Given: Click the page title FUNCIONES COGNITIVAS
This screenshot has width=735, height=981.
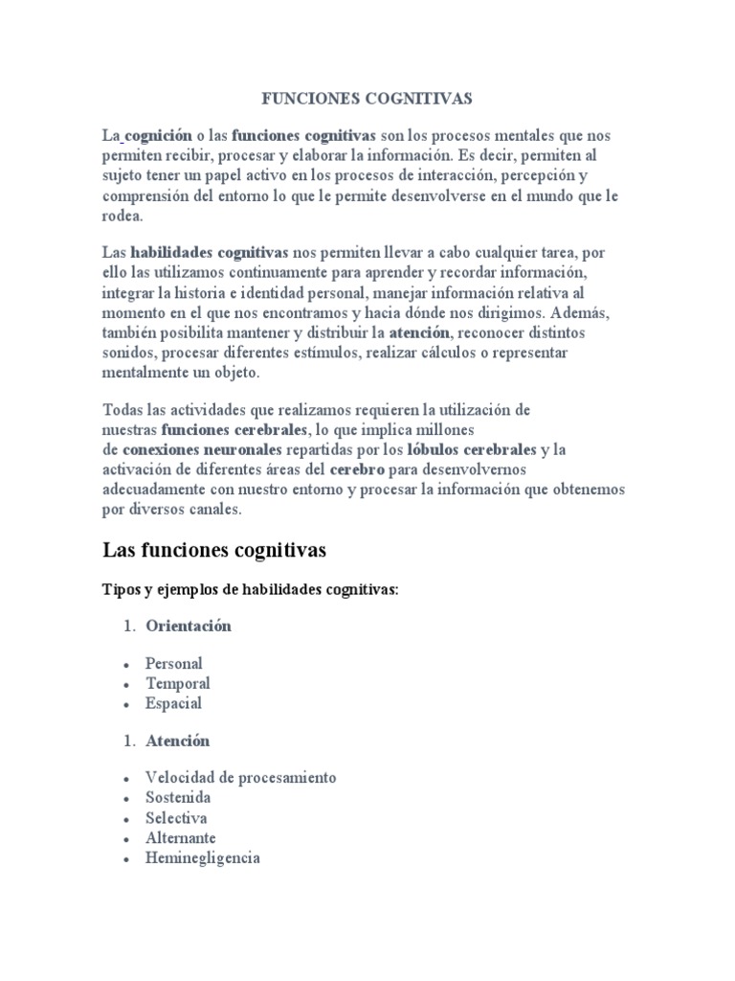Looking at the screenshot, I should [367, 98].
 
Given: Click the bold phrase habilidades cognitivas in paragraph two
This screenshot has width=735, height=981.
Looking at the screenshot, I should [209, 252].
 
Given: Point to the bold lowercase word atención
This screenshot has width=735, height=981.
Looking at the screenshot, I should [418, 332].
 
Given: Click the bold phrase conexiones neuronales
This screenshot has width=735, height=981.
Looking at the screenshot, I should [202, 448].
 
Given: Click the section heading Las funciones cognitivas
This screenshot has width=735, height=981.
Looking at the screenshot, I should [214, 550].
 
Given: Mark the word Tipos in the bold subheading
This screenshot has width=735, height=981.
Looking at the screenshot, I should [122, 590].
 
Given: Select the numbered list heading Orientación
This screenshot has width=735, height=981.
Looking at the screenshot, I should [189, 626].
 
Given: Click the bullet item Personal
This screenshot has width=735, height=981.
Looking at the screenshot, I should [173, 662].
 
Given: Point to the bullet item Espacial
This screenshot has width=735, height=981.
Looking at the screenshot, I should [173, 703].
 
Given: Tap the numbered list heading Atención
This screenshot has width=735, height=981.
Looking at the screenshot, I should [177, 741].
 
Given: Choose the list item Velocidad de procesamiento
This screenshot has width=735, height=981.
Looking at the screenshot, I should [240, 777].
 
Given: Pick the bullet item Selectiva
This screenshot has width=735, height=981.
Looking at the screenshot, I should [175, 818].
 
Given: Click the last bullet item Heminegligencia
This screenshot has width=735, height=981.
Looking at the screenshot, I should [202, 858].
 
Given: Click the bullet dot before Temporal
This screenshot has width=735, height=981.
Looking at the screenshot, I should [125, 684].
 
